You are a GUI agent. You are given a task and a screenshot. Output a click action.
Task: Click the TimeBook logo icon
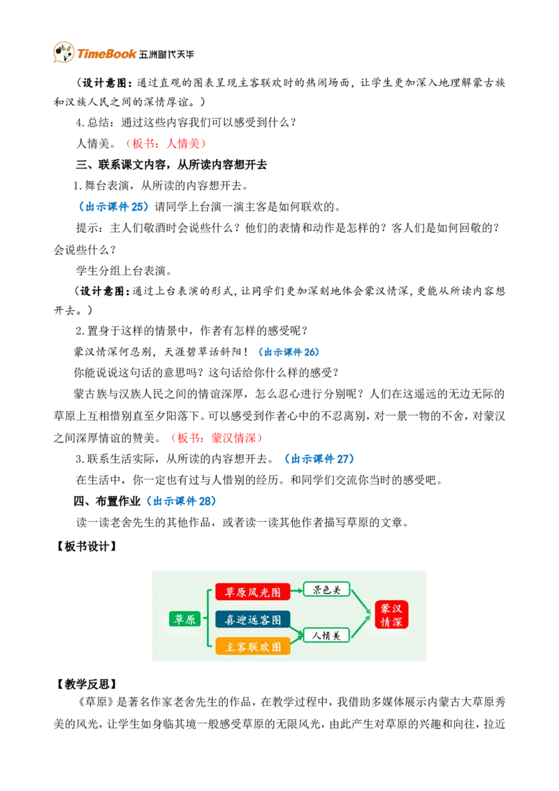tap(64, 52)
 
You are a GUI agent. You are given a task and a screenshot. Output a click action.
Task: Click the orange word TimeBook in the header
tap(106, 54)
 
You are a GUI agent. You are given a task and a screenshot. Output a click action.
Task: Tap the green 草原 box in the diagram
tap(184, 619)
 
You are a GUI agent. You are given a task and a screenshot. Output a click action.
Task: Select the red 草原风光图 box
tap(253, 592)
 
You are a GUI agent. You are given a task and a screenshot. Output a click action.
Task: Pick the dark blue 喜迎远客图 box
tap(253, 620)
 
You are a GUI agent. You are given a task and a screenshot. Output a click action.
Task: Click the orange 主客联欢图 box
tap(253, 647)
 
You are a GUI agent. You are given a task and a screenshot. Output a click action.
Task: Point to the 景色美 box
tap(326, 589)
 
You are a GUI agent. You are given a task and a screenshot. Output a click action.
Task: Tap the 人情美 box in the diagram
tap(326, 635)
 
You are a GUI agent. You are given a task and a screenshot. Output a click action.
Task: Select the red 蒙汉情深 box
tap(391, 615)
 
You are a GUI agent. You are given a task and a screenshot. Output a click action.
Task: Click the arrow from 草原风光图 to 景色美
tap(297, 590)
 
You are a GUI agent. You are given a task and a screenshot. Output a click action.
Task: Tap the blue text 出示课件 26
tap(289, 352)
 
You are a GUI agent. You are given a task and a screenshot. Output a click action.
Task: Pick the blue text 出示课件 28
tap(182, 501)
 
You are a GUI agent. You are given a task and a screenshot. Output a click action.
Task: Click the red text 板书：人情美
tap(166, 143)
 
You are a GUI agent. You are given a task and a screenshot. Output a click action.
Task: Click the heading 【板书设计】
tap(86, 546)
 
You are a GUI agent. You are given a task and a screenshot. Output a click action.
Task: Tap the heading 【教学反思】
tap(86, 684)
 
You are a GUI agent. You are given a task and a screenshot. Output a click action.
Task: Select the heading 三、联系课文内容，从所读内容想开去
tap(171, 164)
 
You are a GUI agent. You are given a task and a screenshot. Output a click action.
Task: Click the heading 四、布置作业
tap(107, 501)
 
